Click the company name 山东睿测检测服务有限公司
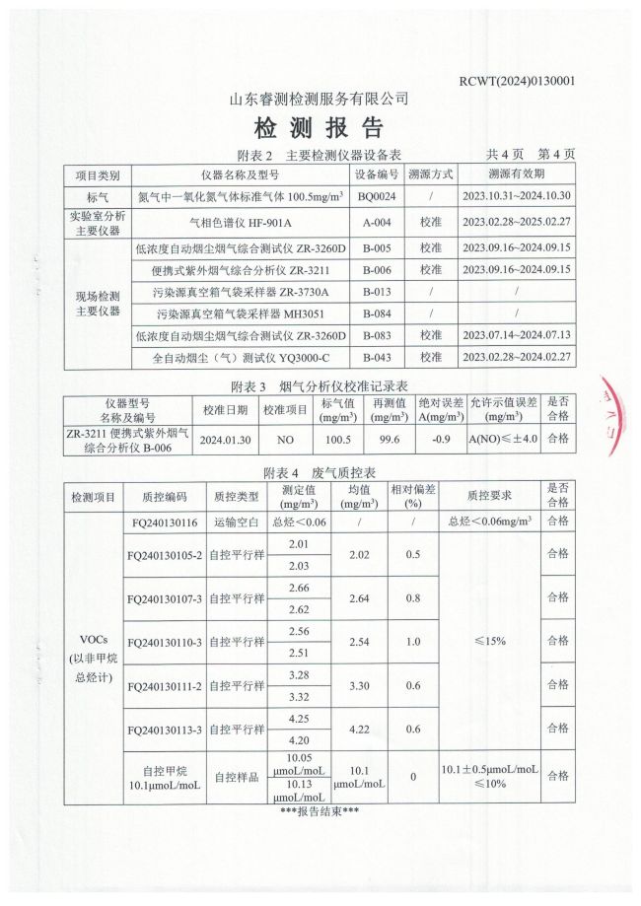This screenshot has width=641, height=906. (319, 100)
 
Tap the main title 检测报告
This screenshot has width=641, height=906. (319, 128)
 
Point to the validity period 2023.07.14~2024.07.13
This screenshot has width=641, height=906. (516, 335)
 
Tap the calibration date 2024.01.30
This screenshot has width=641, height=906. (224, 440)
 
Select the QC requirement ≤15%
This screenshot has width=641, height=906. (490, 640)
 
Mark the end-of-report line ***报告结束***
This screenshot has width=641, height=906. (319, 811)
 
